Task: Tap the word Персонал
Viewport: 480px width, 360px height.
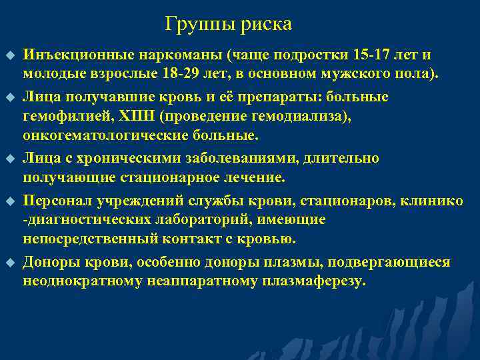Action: [58, 201]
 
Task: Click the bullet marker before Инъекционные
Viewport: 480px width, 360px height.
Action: [9, 55]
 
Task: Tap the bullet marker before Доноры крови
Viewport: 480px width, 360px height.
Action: [9, 263]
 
